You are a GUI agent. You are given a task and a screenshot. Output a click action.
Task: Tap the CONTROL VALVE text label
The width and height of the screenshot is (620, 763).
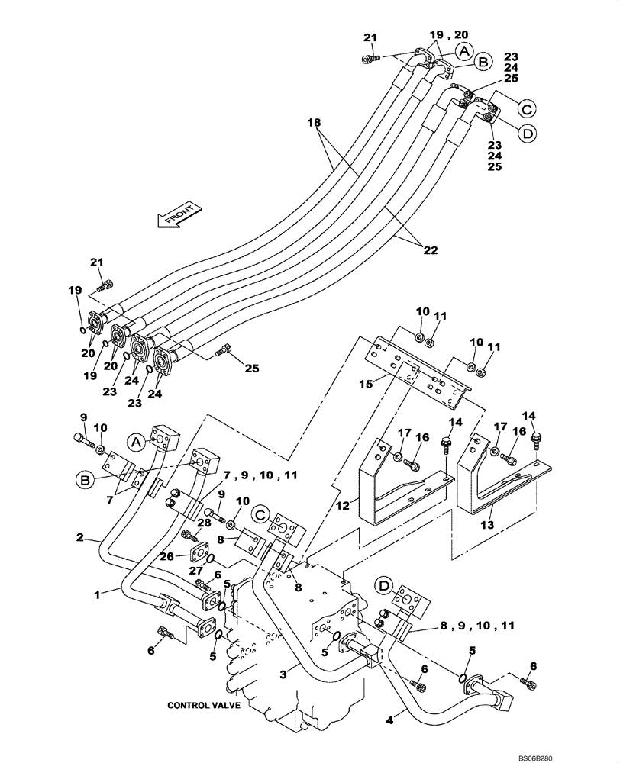tap(204, 706)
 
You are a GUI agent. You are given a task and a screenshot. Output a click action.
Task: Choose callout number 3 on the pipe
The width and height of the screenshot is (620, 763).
tap(283, 674)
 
